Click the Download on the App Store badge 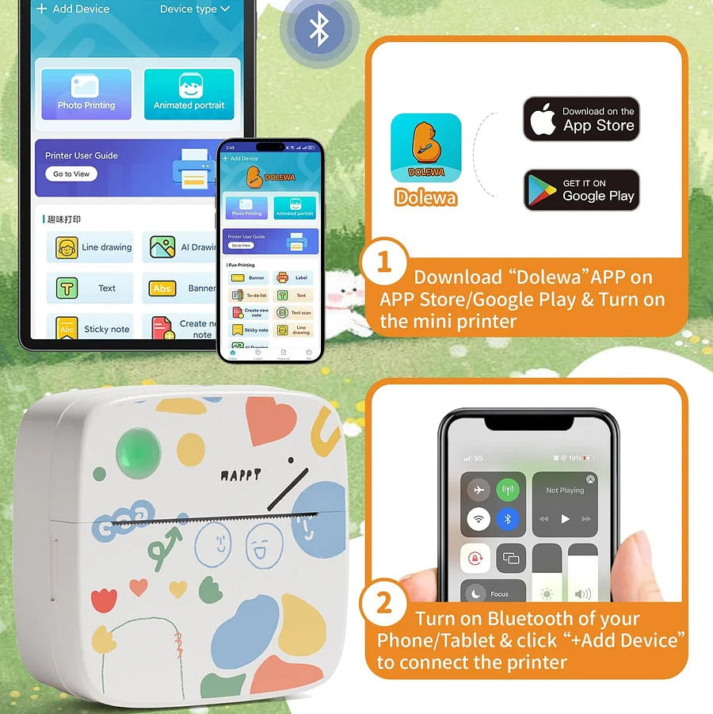pos(581,119)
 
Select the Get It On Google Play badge pos(581,189)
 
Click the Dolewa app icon pos(425,148)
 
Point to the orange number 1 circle pos(384,262)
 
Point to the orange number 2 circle pos(384,605)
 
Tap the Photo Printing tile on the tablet pos(86,94)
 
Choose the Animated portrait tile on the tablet pos(189,94)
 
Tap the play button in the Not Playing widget pos(565,519)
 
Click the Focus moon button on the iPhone pos(477,593)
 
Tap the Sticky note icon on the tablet pos(67,328)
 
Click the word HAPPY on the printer pos(239,475)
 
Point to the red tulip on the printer pos(103,600)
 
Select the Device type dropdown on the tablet pos(194,9)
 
